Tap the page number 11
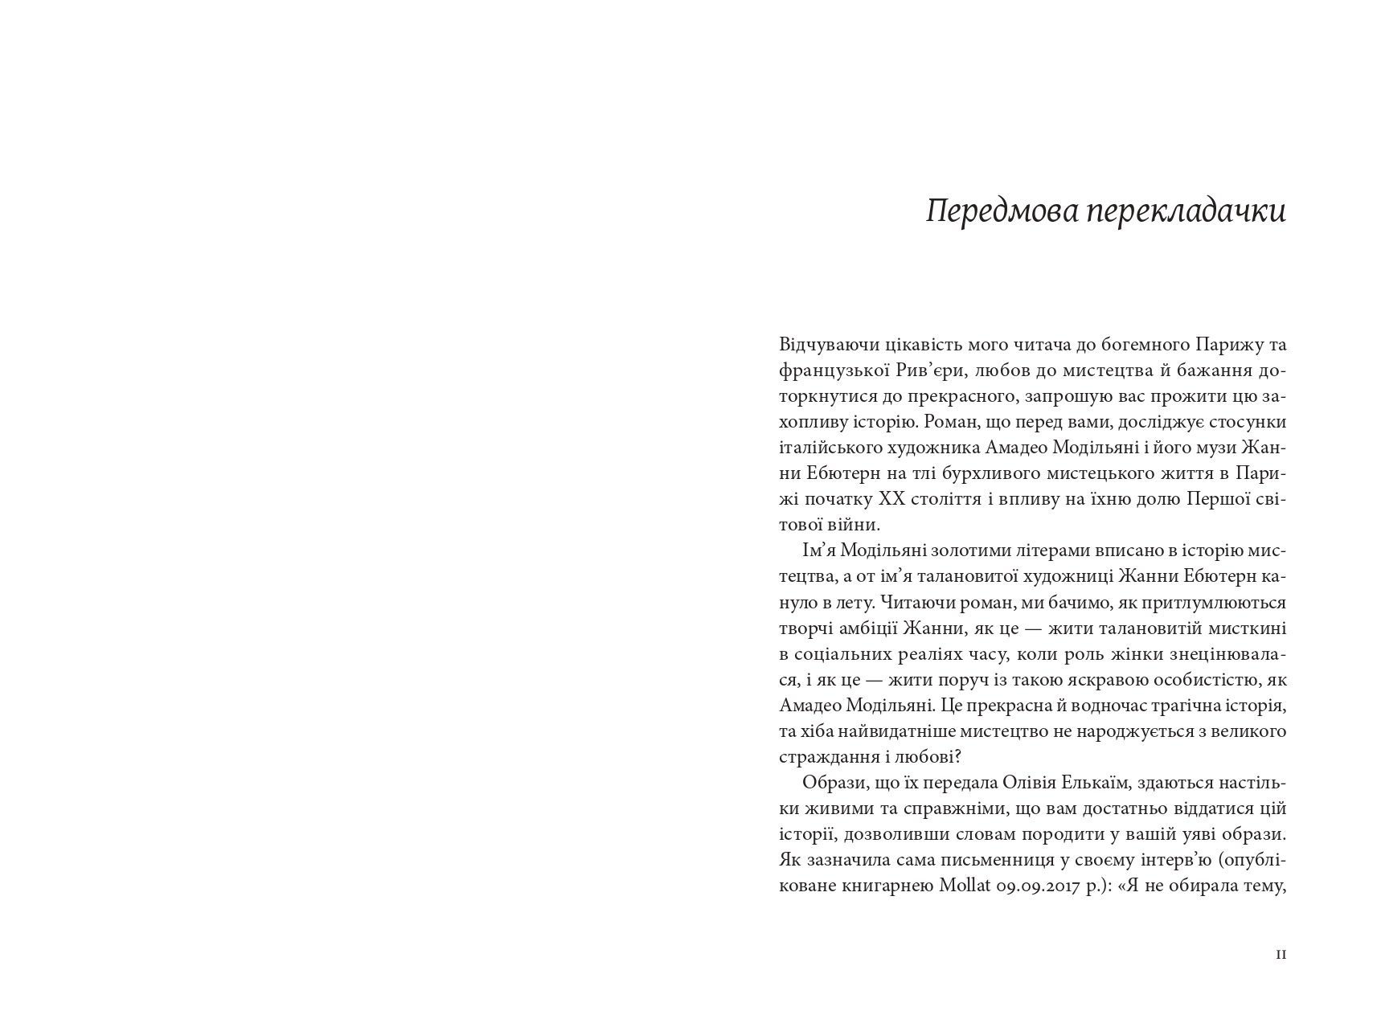(1281, 955)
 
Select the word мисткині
(1249, 628)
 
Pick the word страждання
(827, 757)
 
